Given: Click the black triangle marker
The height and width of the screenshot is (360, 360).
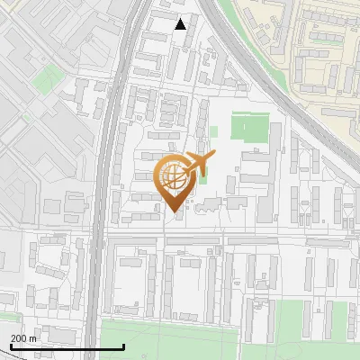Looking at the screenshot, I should [181, 24].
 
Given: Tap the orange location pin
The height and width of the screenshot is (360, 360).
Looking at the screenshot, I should [175, 181].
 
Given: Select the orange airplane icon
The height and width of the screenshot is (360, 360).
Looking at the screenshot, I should [199, 164].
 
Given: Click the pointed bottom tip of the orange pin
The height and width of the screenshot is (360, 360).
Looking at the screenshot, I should [175, 211].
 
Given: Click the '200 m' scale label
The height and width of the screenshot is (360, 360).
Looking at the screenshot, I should [23, 338].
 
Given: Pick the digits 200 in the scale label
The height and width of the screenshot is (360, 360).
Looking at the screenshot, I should [18, 338].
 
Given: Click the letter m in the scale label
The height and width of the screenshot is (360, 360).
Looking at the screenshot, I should [33, 338].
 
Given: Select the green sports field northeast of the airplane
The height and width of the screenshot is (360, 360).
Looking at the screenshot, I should [249, 127].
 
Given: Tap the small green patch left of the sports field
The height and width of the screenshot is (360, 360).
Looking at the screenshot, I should [213, 131].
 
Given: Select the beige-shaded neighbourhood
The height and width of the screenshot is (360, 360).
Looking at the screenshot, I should [315, 54].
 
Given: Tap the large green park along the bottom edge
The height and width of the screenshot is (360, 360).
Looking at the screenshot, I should [171, 340].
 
